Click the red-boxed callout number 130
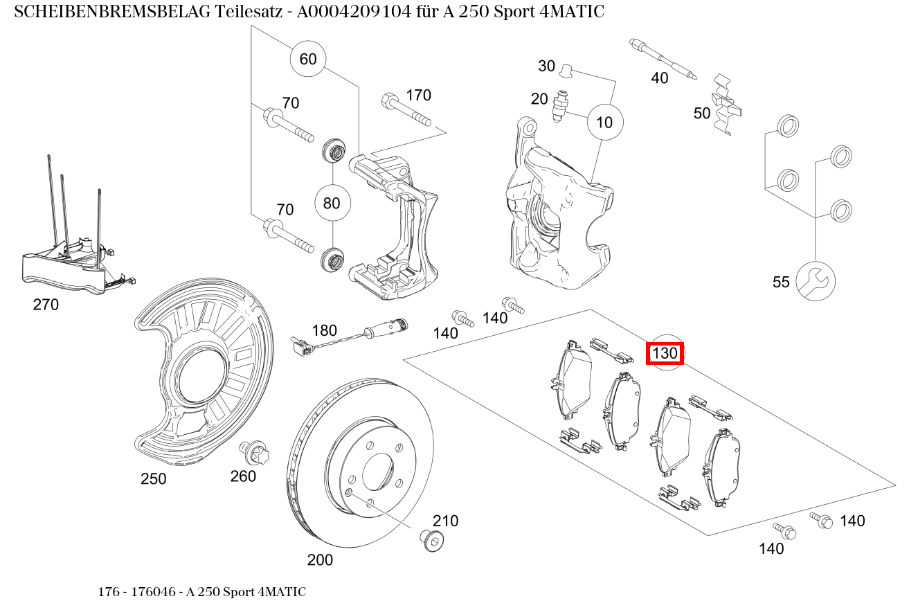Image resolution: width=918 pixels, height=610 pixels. [665, 353]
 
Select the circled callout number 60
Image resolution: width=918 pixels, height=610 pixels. [308, 59]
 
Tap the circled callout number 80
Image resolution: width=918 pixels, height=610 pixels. [332, 204]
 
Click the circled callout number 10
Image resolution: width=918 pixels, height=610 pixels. [604, 123]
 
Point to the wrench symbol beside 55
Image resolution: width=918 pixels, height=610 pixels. [816, 281]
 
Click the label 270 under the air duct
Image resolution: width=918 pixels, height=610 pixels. [46, 305]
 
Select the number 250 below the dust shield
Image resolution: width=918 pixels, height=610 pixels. [153, 479]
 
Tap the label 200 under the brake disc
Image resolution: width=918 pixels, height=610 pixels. [320, 559]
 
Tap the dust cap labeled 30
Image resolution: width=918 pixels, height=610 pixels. [566, 69]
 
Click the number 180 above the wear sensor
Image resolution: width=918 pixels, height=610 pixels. [324, 330]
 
